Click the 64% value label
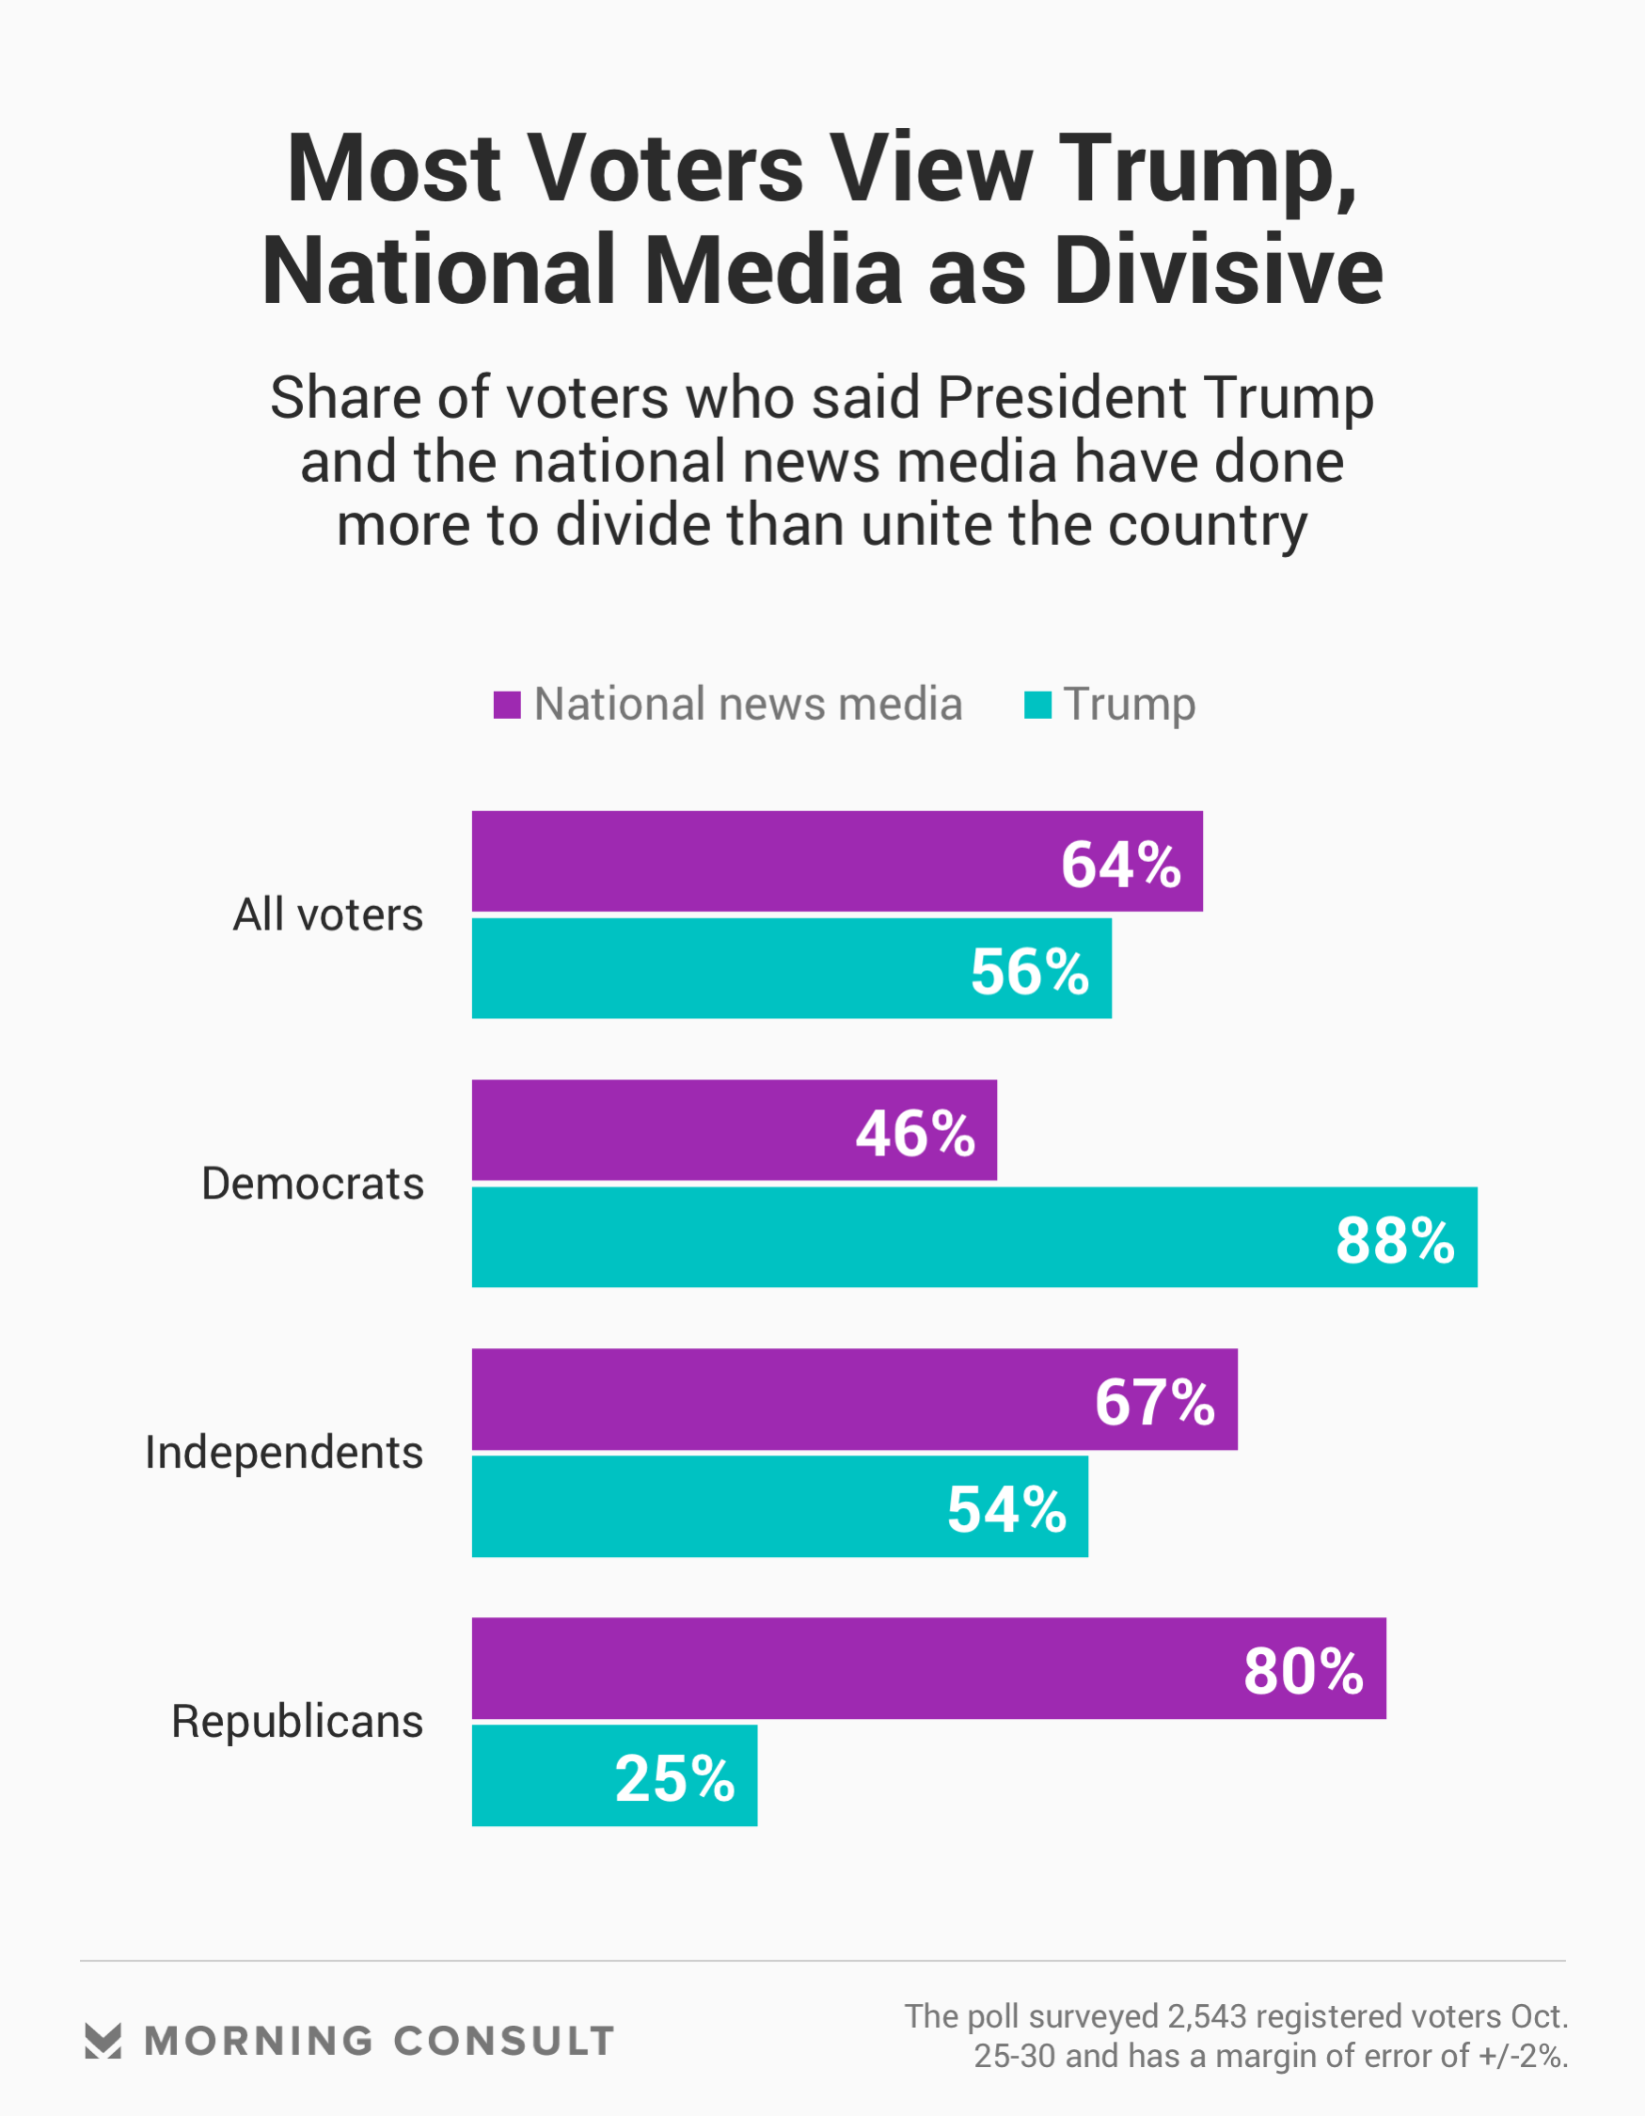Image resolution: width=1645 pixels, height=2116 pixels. (1121, 865)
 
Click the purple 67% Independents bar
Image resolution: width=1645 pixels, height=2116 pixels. (775, 1399)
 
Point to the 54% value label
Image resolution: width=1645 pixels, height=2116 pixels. (1006, 1509)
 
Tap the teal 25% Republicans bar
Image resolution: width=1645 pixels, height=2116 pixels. (543, 1776)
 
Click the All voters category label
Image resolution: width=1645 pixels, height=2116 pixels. (327, 915)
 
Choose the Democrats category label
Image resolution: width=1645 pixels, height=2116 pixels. (312, 1184)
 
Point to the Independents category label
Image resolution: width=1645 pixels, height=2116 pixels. (284, 1453)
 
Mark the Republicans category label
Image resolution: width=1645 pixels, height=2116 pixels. (296, 1722)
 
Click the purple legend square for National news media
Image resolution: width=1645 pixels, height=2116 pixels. (507, 705)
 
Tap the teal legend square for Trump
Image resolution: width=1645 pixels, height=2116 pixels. (1037, 705)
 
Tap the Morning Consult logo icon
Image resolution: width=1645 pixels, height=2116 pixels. (103, 2041)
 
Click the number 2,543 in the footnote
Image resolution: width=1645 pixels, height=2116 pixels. (1206, 2016)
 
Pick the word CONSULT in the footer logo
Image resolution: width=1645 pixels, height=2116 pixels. (504, 2042)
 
